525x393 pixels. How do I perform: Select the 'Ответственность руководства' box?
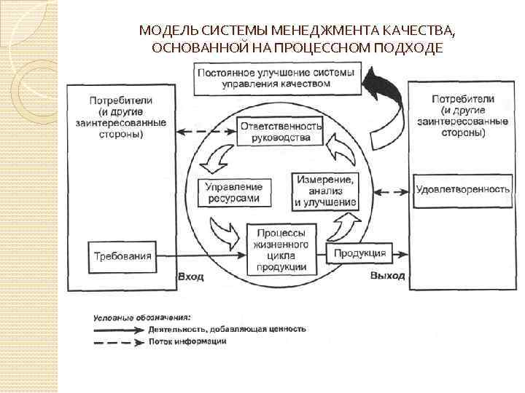281,132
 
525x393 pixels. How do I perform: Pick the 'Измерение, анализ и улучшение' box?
325,191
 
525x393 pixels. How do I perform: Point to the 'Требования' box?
122,255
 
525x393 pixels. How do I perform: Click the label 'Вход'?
191,277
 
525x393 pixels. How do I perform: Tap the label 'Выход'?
386,277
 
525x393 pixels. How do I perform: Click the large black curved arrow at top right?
386,102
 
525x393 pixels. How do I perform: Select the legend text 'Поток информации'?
187,341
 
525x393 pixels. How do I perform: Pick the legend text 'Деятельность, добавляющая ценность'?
227,329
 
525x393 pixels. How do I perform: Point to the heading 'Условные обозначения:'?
142,317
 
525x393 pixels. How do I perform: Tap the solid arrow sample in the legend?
117,329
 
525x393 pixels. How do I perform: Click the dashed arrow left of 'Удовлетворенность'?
386,191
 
